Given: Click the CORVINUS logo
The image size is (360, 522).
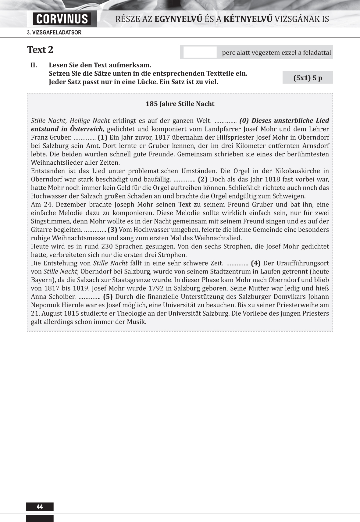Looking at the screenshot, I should click(62, 19).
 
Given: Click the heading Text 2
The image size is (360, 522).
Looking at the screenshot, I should click(40, 50).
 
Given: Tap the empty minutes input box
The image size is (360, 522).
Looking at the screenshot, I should click(200, 52).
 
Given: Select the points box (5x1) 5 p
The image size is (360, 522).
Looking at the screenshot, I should click(308, 78).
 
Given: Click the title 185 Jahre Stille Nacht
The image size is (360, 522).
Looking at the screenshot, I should click(180, 104).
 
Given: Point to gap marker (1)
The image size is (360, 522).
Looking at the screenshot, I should click(102, 138).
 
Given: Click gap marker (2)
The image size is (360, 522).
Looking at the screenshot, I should click(202, 179).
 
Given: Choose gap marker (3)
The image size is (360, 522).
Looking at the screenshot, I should click(112, 230).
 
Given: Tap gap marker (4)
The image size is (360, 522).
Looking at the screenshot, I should click(255, 263).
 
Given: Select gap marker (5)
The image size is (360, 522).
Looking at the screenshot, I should click(108, 297).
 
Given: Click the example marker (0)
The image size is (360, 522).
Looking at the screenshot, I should click(244, 121).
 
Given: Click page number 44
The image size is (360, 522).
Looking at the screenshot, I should click(40, 507).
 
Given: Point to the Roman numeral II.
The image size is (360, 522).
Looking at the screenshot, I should click(34, 65).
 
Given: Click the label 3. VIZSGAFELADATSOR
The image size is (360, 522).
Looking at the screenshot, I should click(54, 33).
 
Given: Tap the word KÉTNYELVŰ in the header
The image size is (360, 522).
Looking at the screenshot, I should click(248, 19).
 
